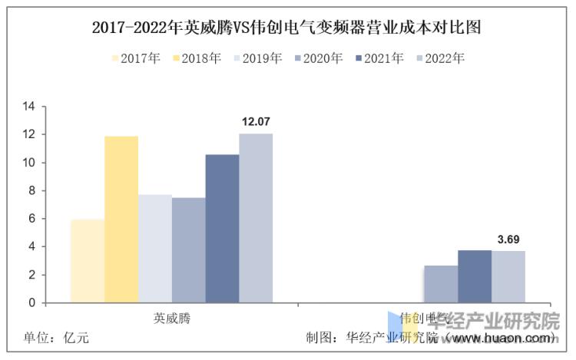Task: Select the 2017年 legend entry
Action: pos(136,58)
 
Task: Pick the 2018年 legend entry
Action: pos(197,58)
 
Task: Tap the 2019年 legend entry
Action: pos(257,58)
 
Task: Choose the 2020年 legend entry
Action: pos(318,58)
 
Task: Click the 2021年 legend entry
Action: pos(379,58)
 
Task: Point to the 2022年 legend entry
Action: pos(439,58)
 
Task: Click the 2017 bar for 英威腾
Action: pos(87,261)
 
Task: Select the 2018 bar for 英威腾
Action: pos(121,220)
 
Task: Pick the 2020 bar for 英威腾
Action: pos(188,250)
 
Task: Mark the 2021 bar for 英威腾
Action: pos(222,229)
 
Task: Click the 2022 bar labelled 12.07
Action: pos(256,218)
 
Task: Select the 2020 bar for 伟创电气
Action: pos(441,284)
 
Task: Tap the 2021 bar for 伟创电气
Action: pos(475,276)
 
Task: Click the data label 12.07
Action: pos(256,122)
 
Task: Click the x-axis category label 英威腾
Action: pos(171,317)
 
